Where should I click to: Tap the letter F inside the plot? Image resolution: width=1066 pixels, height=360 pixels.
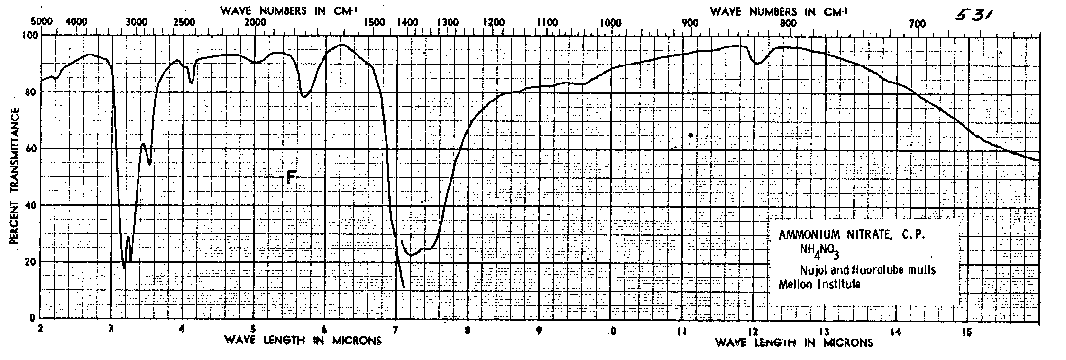[292, 177]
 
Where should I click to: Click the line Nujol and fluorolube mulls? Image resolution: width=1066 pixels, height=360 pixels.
[868, 270]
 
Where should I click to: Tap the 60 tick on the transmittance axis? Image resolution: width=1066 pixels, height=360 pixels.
[30, 148]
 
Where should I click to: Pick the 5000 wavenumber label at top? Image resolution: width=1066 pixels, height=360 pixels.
[40, 22]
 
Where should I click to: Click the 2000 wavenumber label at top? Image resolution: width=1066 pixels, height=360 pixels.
[255, 22]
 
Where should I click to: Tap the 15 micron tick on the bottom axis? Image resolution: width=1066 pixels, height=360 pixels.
[966, 332]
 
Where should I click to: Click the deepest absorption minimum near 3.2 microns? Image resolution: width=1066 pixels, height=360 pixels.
[124, 268]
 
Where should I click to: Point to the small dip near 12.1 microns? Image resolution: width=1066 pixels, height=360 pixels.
[758, 63]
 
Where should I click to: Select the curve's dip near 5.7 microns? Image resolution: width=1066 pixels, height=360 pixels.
[304, 96]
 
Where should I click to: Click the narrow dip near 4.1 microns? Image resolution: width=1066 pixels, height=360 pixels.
[191, 83]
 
